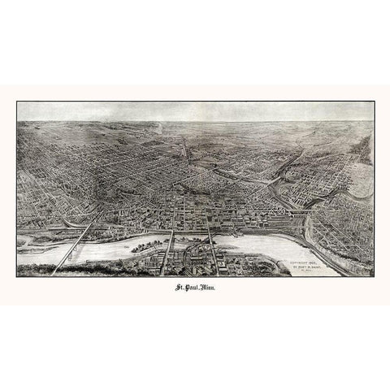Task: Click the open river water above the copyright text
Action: pos(276,244)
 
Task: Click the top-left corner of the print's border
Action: pos(17,102)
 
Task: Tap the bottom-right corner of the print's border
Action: pos(373,277)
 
